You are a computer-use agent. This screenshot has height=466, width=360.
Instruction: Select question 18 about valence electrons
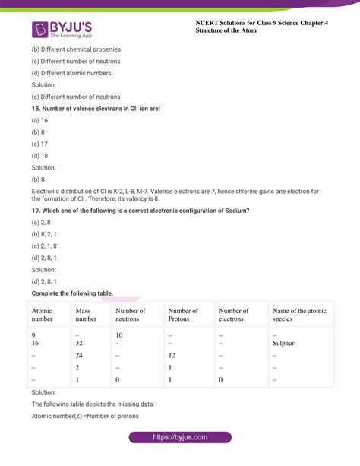pos(96,109)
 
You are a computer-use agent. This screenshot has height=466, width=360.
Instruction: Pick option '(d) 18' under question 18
pos(40,156)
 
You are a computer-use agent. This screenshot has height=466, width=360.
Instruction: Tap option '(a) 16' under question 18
pos(40,120)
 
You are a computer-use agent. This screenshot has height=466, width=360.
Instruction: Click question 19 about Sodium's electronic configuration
pos(141,210)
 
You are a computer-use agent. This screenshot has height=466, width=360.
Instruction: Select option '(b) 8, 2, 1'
pos(45,233)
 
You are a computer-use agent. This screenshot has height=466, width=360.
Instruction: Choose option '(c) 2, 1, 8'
pos(45,246)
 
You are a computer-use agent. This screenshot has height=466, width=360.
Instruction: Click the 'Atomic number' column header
pos(43,315)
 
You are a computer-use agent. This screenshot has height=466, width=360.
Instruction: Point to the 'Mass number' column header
pos(86,315)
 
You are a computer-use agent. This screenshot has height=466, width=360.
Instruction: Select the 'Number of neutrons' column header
pos(131,315)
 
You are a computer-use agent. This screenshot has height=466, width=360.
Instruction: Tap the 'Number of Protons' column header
pos(183,315)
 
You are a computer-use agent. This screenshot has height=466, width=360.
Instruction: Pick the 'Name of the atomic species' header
pos(299,315)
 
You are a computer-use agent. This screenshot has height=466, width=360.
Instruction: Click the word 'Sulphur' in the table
pos(283,343)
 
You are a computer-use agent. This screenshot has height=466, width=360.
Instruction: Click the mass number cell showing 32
pos(79,343)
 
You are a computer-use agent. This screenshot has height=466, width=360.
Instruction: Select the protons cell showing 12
pos(172,355)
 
